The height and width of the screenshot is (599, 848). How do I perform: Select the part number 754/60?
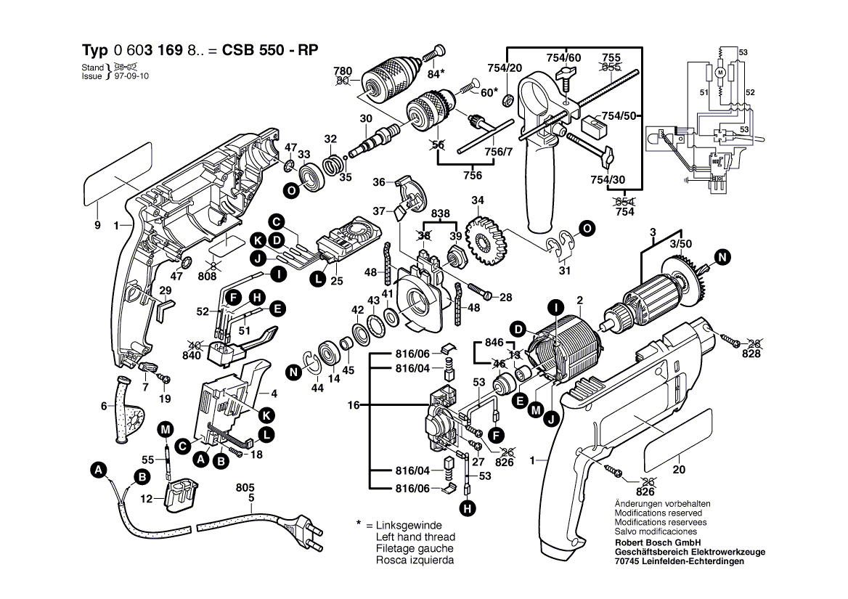coord(563,58)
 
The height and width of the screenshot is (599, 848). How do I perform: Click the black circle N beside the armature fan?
coord(722,256)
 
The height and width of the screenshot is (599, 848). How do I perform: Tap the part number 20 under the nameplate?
coord(679,470)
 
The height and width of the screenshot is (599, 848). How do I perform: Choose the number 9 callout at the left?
coord(97,226)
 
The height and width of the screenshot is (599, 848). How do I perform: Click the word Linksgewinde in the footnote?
coord(409,525)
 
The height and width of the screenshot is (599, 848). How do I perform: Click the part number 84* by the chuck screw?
coord(436,73)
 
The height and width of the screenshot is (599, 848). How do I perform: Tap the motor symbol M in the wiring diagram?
coord(720,73)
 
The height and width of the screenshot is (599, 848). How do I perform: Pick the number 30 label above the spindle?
coord(365,119)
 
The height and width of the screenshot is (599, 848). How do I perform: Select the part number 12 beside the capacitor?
coord(147,499)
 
